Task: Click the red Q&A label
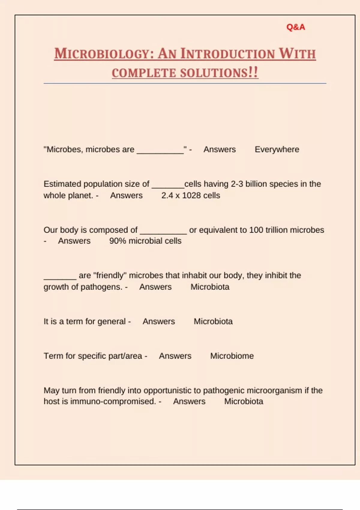tap(295, 27)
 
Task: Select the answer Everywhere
tap(277, 149)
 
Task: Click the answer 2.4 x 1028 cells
tap(190, 196)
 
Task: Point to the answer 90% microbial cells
tap(145, 241)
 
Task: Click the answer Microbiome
tap(232, 356)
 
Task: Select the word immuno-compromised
tap(113, 401)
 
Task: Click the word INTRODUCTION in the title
tap(227, 54)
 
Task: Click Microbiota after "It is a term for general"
tap(213, 322)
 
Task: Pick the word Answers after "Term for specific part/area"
tap(175, 356)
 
